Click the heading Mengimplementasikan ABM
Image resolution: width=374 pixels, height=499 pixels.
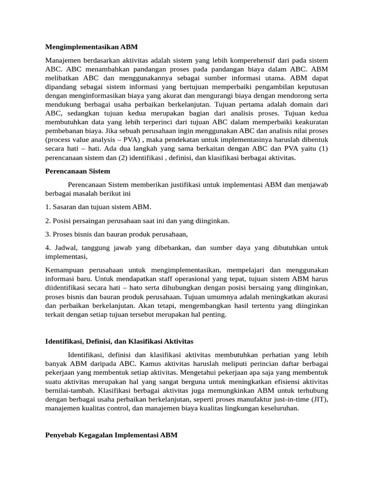(92, 47)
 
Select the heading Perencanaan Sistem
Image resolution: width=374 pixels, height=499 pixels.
(77, 171)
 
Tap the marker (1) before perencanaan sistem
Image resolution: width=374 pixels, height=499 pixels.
(323, 149)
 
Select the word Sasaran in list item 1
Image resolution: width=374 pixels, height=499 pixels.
(66, 207)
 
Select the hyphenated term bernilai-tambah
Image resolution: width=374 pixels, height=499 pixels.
(69, 391)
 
